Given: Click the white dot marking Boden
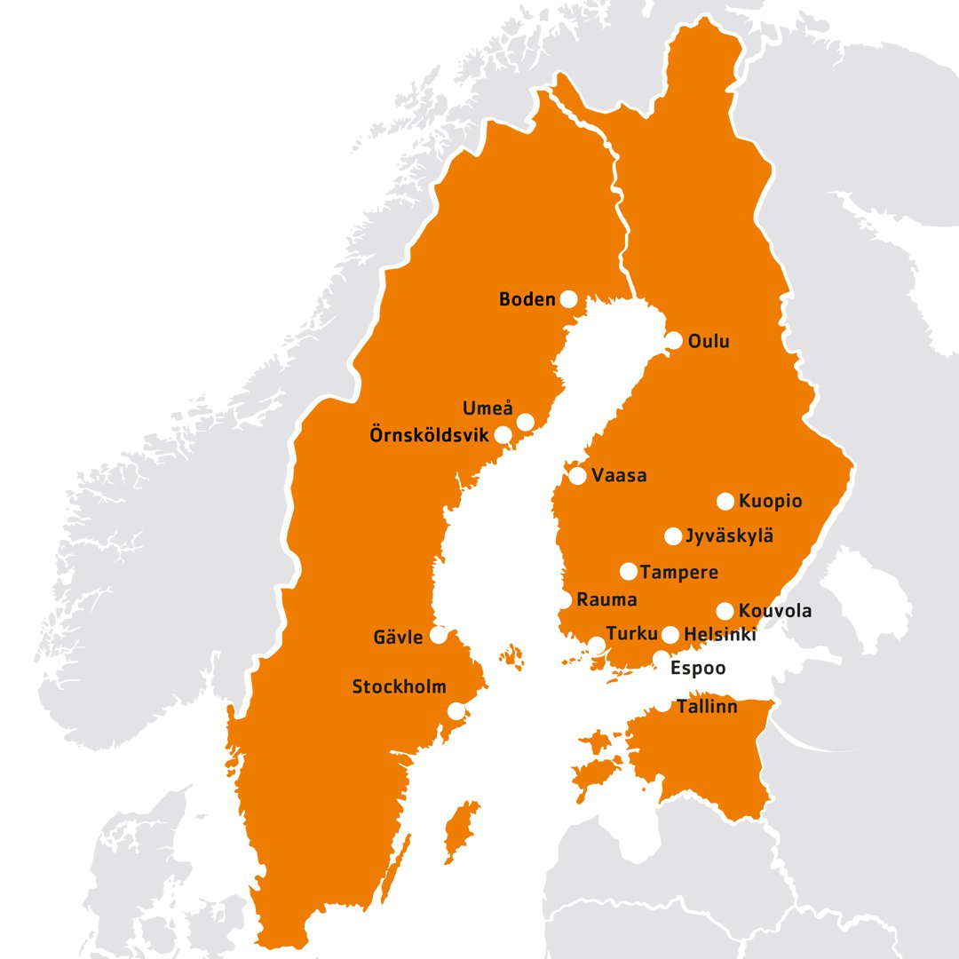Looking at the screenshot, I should pyautogui.click(x=567, y=299).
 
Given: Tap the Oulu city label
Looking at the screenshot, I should pyautogui.click(x=709, y=340).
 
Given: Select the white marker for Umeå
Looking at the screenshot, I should pyautogui.click(x=526, y=421).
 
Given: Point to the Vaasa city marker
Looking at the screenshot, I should pyautogui.click(x=577, y=476).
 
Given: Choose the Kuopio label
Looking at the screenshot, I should pyautogui.click(x=770, y=502).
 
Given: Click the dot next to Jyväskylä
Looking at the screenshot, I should pyautogui.click(x=673, y=535).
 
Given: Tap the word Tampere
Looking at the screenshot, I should pyautogui.click(x=678, y=572).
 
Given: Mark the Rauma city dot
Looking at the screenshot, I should pyautogui.click(x=565, y=600).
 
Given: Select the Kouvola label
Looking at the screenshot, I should pyautogui.click(x=774, y=611).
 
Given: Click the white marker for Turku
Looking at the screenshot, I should pyautogui.click(x=598, y=645).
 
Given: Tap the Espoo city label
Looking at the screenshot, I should pyautogui.click(x=697, y=668).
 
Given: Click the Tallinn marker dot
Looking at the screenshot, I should pyautogui.click(x=665, y=707).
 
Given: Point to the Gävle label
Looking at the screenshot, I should pyautogui.click(x=398, y=637).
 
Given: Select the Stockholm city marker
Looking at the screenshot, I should pyautogui.click(x=456, y=711).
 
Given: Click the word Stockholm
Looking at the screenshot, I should pyautogui.click(x=399, y=686).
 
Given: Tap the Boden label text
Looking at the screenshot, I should pyautogui.click(x=527, y=300).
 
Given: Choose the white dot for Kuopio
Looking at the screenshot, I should pyautogui.click(x=725, y=501).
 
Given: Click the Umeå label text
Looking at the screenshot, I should pyautogui.click(x=487, y=408).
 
